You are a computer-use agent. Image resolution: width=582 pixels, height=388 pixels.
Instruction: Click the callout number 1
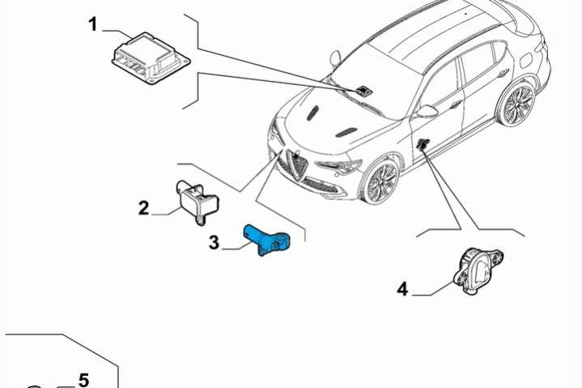click(x=92, y=24)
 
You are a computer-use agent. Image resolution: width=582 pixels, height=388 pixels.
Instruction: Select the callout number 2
click(x=143, y=208)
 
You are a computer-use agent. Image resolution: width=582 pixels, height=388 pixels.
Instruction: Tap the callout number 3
click(x=214, y=243)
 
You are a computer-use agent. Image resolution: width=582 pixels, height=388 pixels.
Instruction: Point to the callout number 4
click(x=402, y=289)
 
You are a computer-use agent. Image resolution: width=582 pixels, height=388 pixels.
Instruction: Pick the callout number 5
click(x=84, y=380)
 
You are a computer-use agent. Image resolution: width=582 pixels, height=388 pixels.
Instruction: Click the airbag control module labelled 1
click(x=151, y=58)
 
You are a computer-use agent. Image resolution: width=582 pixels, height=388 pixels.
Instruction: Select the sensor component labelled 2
click(x=197, y=202)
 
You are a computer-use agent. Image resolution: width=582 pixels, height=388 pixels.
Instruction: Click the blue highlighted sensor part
click(x=267, y=241)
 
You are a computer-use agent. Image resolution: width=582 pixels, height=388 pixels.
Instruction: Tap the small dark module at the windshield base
click(x=363, y=90)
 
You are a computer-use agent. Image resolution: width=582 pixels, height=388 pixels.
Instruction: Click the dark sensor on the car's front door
click(x=423, y=144)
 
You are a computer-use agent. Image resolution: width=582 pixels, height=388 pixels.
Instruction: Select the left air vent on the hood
click(x=313, y=113)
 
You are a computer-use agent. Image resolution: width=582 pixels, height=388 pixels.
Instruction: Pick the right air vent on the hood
click(x=346, y=133)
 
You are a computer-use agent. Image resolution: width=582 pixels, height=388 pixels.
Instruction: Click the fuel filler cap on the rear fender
click(x=528, y=59)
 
